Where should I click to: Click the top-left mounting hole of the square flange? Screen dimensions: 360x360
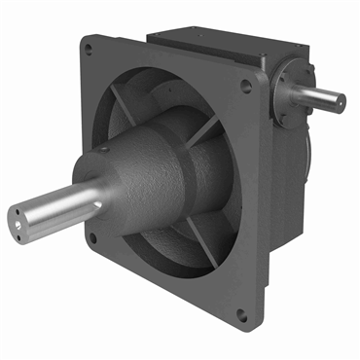(x=90, y=45)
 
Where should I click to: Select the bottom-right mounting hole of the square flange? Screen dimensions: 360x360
(x=240, y=313)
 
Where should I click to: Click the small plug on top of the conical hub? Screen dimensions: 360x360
(x=103, y=150)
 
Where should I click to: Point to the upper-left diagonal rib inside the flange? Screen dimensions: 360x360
(x=123, y=98)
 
